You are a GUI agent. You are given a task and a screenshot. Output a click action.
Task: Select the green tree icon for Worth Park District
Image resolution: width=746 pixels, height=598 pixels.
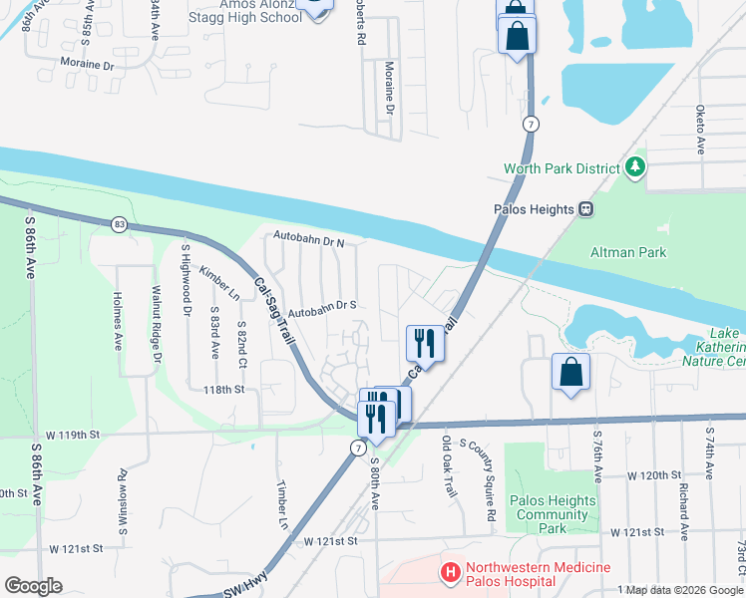(634, 168)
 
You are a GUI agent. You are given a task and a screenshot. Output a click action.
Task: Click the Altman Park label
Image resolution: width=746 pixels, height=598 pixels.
(628, 253)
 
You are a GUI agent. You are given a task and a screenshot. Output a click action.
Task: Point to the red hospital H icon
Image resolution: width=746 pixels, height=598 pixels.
(451, 573)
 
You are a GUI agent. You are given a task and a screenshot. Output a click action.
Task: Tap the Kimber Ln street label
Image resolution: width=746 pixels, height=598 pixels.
(219, 283)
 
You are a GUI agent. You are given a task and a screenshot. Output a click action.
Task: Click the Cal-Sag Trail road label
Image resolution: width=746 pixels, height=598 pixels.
(275, 310)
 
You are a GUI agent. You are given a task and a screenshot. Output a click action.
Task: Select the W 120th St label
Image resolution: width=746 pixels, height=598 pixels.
(652, 475)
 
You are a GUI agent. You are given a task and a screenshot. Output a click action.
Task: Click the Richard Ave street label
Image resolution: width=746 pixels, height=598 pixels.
(684, 511)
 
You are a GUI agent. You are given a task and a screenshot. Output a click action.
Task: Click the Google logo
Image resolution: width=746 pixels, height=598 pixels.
(33, 586)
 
